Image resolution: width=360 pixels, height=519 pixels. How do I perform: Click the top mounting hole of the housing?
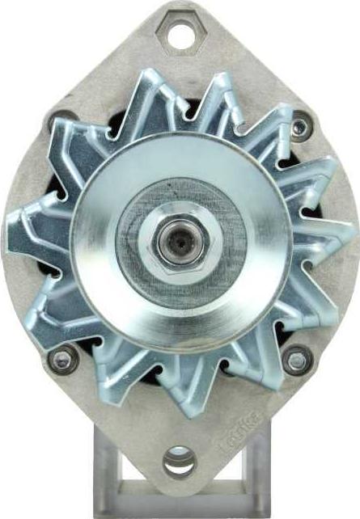179,34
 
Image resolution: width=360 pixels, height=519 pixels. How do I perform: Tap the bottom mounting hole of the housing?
179,462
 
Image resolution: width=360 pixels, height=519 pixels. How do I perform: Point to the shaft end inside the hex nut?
179,240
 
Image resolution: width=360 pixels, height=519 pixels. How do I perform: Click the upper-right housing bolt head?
300,126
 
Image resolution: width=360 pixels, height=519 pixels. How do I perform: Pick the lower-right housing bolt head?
296,359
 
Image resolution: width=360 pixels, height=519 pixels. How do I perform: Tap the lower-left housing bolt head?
61,358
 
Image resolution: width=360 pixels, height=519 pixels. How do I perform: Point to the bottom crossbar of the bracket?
180,509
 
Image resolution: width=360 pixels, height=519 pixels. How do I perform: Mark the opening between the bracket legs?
180,489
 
